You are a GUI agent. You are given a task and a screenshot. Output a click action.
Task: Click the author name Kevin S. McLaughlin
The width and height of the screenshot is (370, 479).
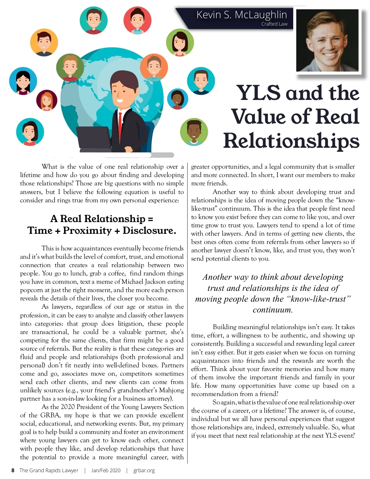(241, 14)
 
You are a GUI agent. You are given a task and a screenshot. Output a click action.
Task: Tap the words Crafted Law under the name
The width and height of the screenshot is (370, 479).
(274, 24)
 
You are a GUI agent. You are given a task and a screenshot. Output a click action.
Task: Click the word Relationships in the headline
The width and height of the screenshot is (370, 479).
(291, 141)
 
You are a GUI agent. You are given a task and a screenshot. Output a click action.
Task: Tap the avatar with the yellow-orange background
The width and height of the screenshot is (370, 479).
(44, 42)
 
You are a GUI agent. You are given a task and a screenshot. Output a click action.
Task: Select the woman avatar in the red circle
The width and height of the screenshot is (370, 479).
(137, 20)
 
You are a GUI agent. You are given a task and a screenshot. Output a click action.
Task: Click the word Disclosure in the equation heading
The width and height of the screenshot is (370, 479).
(149, 230)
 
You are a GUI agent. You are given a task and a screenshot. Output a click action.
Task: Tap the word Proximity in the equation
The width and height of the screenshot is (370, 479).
(87, 230)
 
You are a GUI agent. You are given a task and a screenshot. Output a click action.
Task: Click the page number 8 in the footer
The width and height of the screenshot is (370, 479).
(13, 470)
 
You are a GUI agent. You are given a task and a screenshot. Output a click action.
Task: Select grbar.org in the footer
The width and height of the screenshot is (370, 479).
(144, 470)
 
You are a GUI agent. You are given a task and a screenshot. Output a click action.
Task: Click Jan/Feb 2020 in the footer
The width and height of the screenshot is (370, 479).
(106, 470)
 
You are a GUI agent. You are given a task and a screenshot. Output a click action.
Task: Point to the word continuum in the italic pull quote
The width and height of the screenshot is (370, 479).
(273, 310)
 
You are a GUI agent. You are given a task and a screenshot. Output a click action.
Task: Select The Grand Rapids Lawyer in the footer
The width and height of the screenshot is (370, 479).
(49, 470)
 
